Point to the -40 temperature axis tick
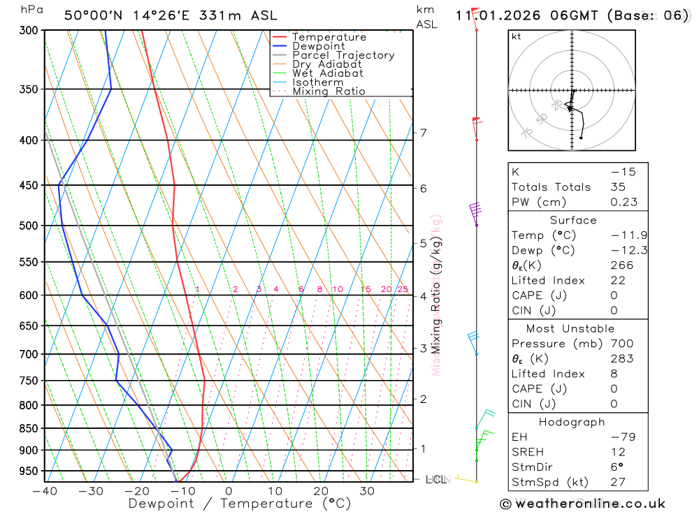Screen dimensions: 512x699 coord(45,491)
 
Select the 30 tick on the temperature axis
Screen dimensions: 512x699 coord(367,491)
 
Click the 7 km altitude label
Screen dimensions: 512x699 coord(423,133)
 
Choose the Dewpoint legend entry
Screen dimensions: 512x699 coord(319,47)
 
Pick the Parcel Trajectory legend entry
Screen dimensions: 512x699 coord(343,55)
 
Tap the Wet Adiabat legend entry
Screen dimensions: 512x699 coord(327,73)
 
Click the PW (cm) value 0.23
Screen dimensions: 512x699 coord(624,202)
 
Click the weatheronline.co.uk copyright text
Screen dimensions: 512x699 coord(582,504)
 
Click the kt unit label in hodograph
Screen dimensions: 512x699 coord(517,37)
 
